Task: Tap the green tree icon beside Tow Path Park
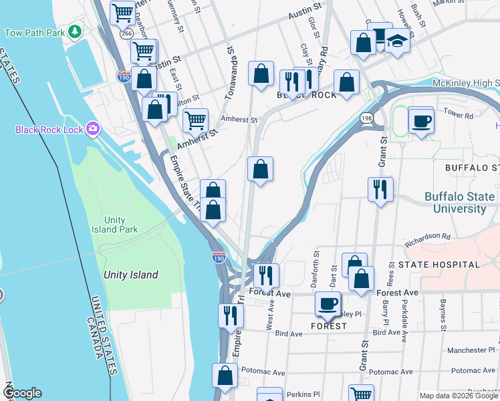(76, 31)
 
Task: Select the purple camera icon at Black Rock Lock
(93, 128)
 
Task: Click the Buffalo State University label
(456, 203)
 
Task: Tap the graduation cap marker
(398, 41)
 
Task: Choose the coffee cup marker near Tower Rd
(421, 122)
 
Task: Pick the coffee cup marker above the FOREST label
(328, 303)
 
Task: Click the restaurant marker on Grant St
(380, 189)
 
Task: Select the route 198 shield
(367, 118)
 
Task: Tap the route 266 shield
(127, 32)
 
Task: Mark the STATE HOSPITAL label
(439, 265)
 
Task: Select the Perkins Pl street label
(299, 394)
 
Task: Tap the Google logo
(21, 393)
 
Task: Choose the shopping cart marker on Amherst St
(195, 121)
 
